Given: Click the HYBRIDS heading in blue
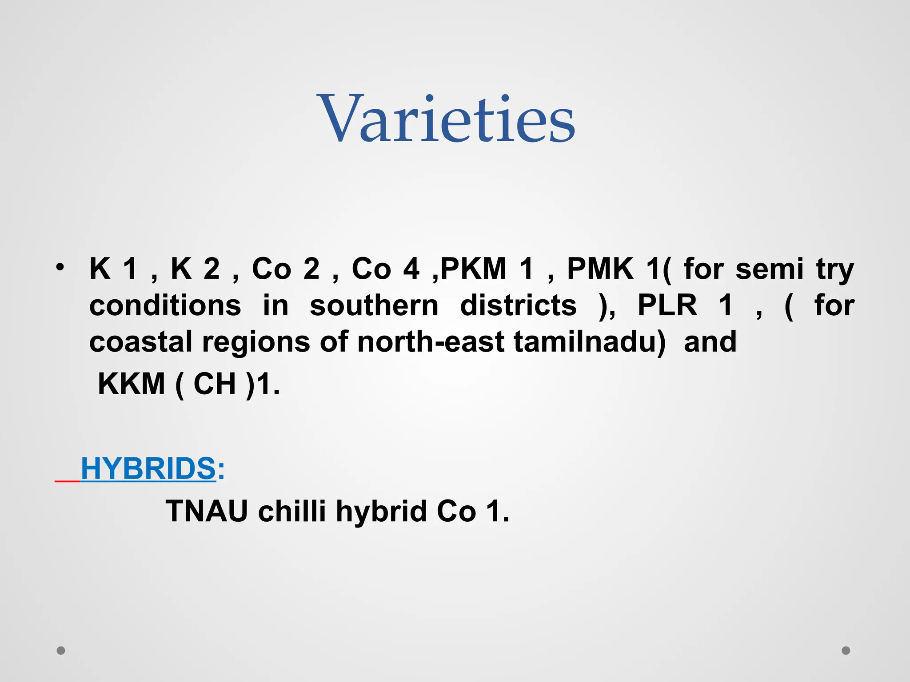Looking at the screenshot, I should click(x=148, y=468).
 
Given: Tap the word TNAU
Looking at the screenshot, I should click(x=207, y=511).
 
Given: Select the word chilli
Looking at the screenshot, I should click(x=292, y=511).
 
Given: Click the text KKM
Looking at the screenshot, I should click(x=131, y=384).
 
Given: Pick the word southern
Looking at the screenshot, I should click(x=374, y=305).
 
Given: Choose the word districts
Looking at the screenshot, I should click(x=518, y=305).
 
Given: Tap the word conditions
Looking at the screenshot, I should click(x=165, y=305).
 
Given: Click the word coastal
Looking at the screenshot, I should click(x=141, y=342).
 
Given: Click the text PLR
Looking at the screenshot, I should click(x=667, y=305).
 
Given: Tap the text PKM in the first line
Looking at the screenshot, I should click(x=473, y=269).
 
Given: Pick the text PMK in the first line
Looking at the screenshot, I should click(x=600, y=269).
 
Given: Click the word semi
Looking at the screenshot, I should click(x=770, y=269).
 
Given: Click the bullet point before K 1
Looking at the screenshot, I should click(x=60, y=267).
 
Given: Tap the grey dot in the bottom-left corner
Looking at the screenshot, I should click(x=61, y=650).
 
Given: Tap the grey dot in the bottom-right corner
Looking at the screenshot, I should click(x=846, y=650).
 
